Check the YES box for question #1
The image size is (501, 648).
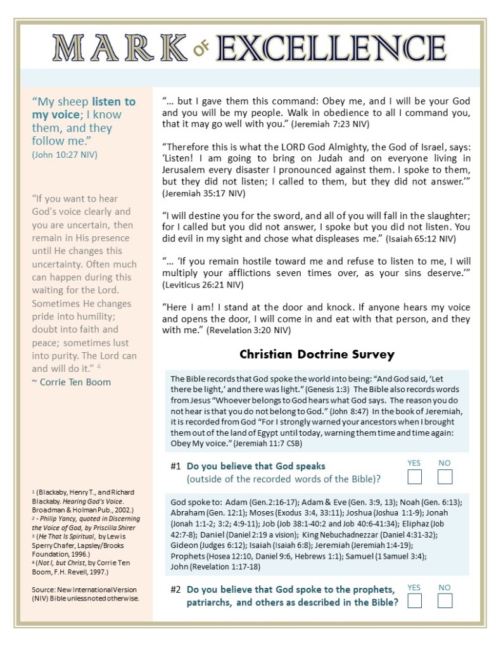coord(415,477)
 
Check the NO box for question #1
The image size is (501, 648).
coord(445,477)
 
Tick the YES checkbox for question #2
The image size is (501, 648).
coord(415,600)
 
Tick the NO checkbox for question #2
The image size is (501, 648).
coord(445,600)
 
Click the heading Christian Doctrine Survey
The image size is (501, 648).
coord(317,354)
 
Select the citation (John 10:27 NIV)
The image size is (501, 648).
coord(65,154)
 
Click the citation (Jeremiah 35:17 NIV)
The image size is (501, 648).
coord(203,193)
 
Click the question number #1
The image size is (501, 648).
coord(176,466)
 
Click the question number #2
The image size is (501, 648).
coord(176,589)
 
